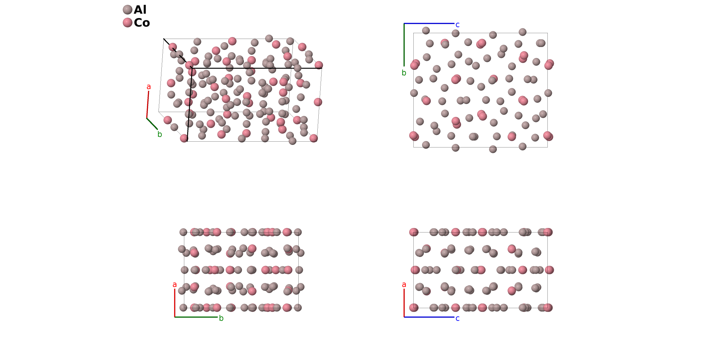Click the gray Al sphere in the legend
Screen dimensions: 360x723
point(128,10)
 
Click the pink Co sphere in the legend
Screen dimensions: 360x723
point(128,23)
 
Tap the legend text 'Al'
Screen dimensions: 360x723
point(140,10)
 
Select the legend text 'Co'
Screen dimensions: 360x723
point(142,23)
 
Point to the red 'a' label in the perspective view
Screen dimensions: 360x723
point(149,87)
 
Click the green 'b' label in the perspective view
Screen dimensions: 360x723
point(159,134)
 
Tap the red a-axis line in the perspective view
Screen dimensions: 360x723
point(148,105)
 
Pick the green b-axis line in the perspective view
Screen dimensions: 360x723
point(152,124)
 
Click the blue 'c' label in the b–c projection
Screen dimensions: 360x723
point(458,25)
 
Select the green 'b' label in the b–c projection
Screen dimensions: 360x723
point(404,73)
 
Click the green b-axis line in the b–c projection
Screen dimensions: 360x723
point(404,45)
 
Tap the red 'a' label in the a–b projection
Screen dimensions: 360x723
point(175,285)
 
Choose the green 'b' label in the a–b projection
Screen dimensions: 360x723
point(221,318)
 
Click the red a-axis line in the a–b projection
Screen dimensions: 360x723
point(175,303)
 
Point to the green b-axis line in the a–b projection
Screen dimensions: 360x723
point(196,317)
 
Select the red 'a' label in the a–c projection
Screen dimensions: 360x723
point(404,285)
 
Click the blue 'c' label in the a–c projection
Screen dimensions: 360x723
point(458,318)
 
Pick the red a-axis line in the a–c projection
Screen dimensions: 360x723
point(404,303)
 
